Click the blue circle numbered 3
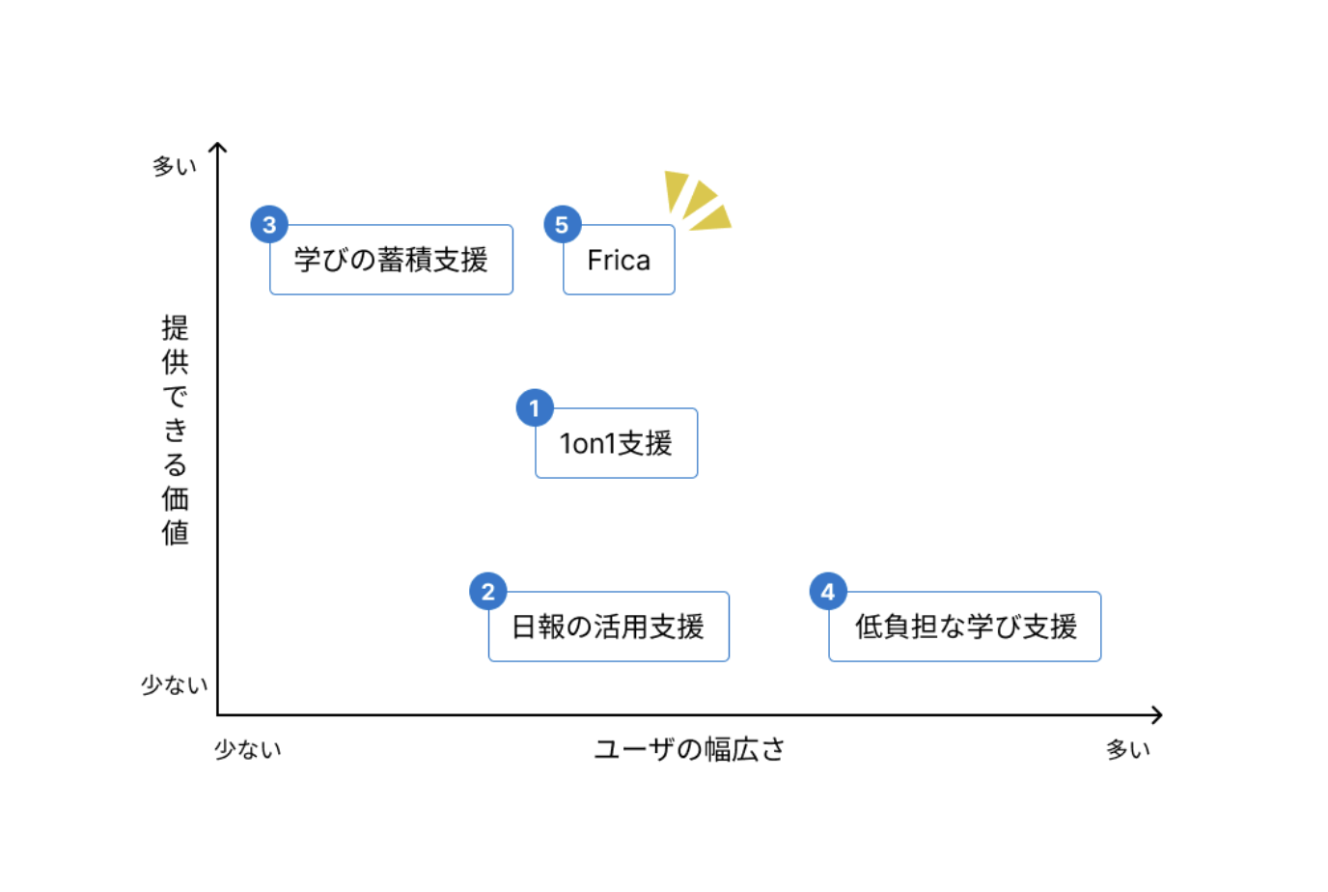(x=269, y=225)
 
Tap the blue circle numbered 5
(x=562, y=225)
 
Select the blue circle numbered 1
(x=535, y=408)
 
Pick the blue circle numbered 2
(x=488, y=592)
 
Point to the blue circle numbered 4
(x=828, y=592)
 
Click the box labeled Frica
(x=619, y=261)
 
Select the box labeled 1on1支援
(x=617, y=444)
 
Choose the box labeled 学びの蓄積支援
(x=392, y=261)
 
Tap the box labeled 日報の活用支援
(x=609, y=627)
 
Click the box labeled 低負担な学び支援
(x=965, y=627)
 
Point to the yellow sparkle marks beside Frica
(x=698, y=201)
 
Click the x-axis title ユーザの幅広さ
(x=689, y=749)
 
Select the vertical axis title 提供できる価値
(x=175, y=431)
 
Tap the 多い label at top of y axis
(x=175, y=166)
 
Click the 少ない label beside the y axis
(x=175, y=684)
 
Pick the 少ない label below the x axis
(x=248, y=749)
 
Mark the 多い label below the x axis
(x=1128, y=749)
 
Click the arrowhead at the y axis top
(x=218, y=147)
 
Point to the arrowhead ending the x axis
(x=1157, y=715)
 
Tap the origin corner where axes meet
(x=218, y=715)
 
